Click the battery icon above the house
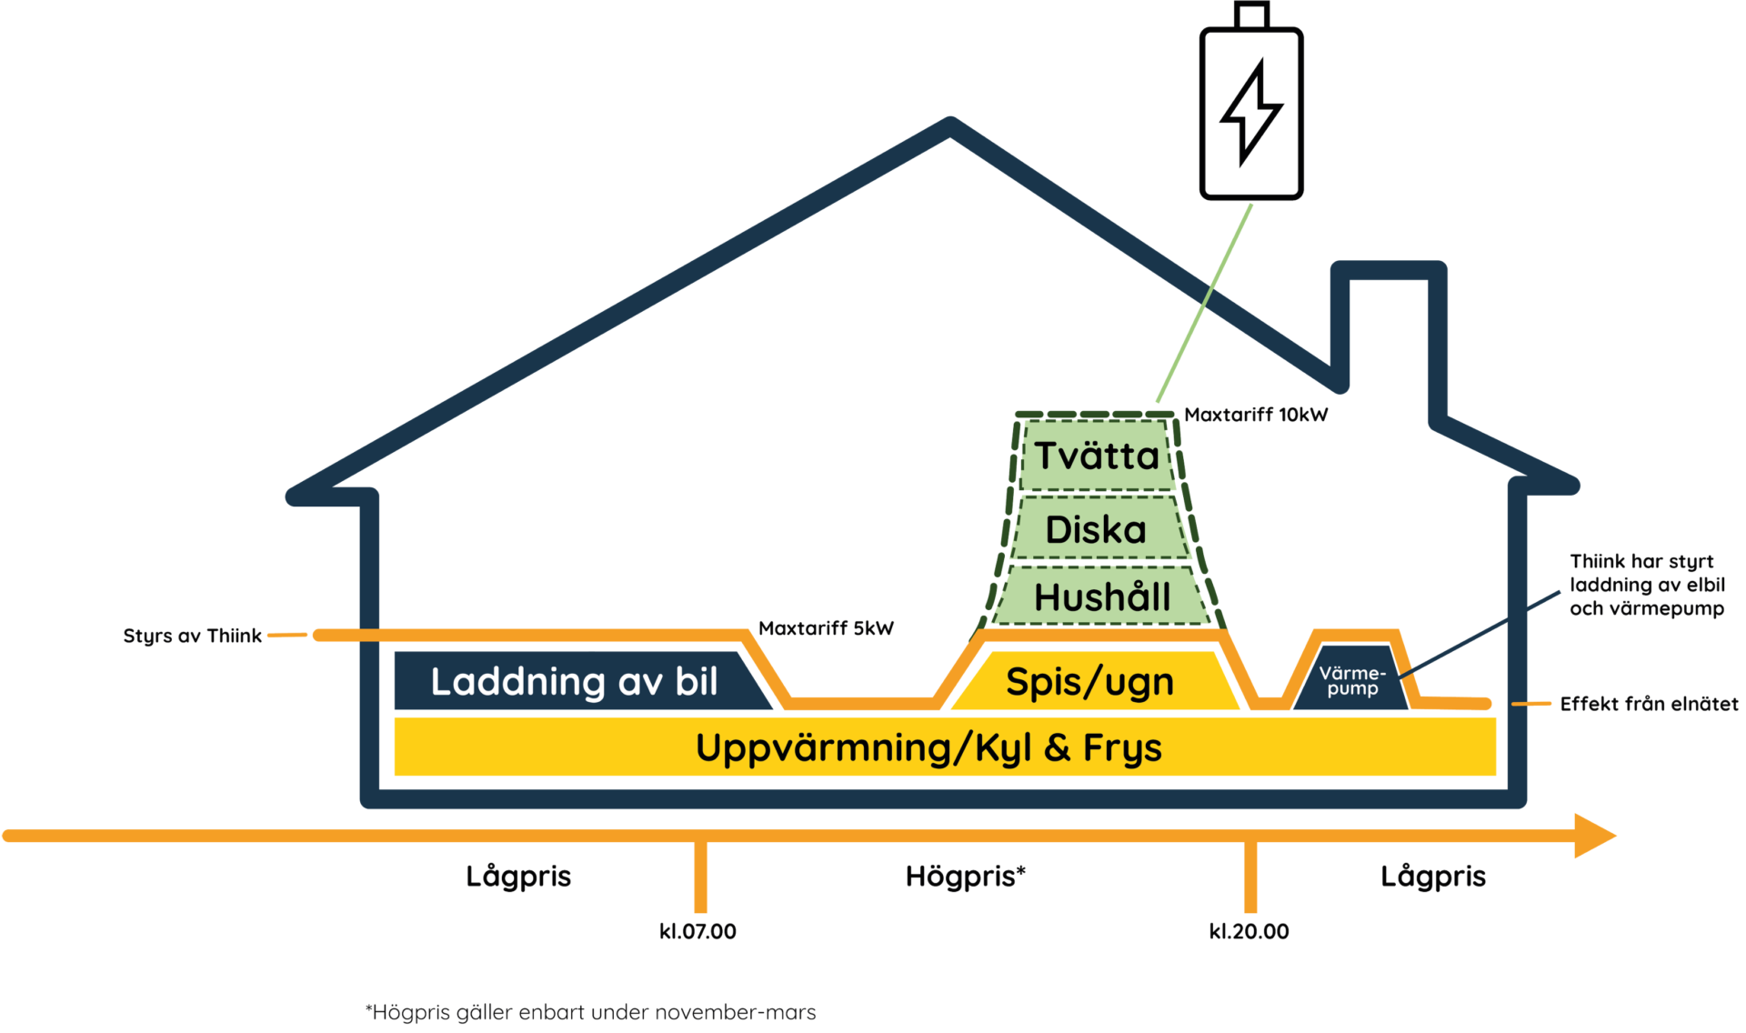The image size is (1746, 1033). pos(1251,109)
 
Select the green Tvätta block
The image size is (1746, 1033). pos(1097,456)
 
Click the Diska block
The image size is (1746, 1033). pos(1097,529)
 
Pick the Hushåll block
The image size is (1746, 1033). pos(1101,597)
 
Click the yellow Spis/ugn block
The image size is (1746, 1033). pos(1089,681)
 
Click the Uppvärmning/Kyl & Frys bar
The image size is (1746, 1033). pos(928,747)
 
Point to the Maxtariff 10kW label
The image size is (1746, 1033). pos(1256,415)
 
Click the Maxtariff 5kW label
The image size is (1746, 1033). pos(826,627)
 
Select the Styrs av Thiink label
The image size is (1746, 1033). pos(193,635)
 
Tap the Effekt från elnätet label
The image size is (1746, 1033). pos(1649,703)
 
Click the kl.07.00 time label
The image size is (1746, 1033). pos(697,930)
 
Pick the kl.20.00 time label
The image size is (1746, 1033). pos(1249,930)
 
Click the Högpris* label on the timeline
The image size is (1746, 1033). pos(966,876)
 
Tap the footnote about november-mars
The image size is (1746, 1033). pos(591,1012)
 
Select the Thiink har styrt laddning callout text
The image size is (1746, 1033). pos(1647,585)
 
